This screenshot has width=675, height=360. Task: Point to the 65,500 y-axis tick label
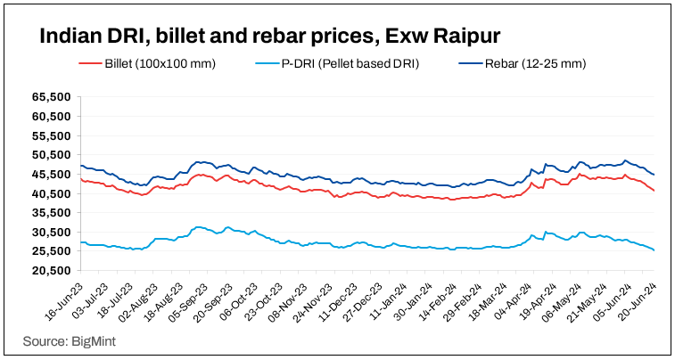pyautogui.click(x=51, y=96)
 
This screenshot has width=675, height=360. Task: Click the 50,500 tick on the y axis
pyautogui.click(x=51, y=154)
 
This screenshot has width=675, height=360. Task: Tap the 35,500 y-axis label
pyautogui.click(x=51, y=213)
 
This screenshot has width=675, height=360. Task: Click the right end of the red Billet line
pyautogui.click(x=654, y=191)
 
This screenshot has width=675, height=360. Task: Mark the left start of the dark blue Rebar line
pyautogui.click(x=81, y=166)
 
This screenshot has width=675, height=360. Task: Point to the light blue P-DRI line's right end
pyautogui.click(x=654, y=250)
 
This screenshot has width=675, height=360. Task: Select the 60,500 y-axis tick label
pyautogui.click(x=51, y=116)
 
